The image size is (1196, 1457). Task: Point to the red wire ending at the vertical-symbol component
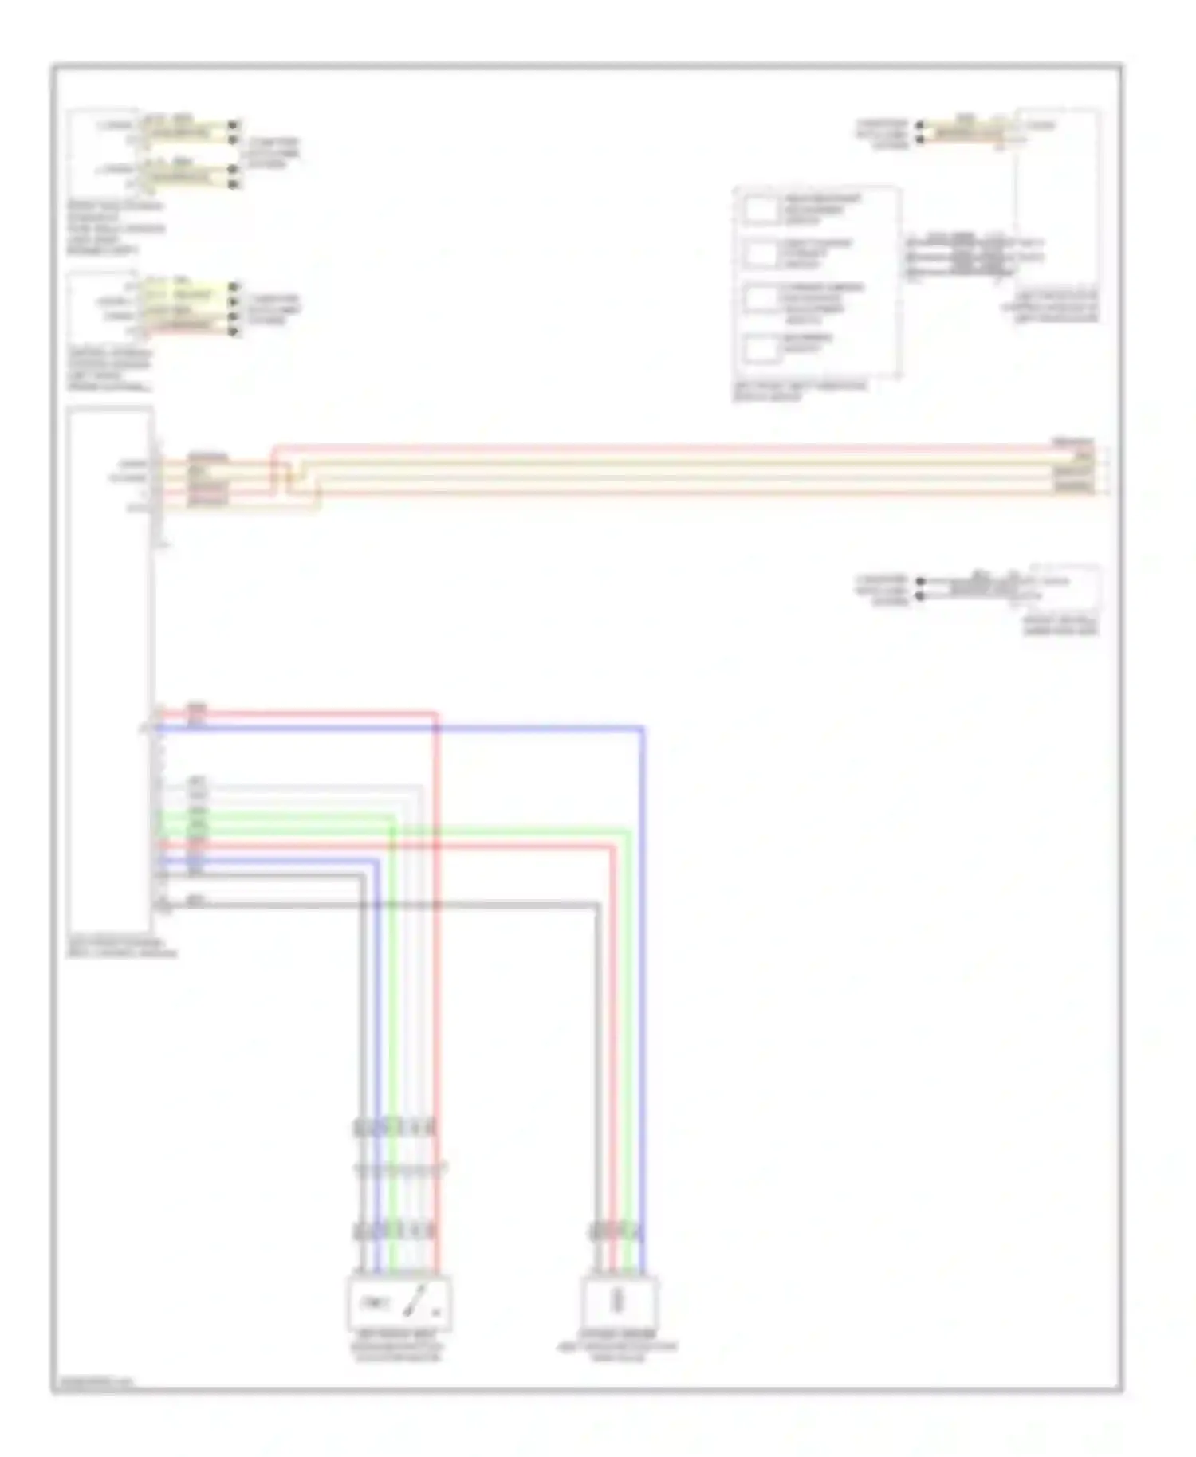coord(612,1036)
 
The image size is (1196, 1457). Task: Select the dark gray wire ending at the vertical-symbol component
coord(596,1036)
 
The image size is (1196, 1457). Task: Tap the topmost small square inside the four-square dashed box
coord(761,210)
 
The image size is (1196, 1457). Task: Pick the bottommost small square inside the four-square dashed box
coord(761,348)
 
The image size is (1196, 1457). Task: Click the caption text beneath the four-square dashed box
coord(800,391)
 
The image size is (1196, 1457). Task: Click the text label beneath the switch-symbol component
coord(397,1346)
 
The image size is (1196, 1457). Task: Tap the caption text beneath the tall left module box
coord(121,947)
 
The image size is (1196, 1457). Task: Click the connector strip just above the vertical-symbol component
coord(616,1231)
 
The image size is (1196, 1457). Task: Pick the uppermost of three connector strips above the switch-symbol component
coord(395,1127)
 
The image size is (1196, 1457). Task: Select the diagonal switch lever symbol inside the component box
coord(415,1302)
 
